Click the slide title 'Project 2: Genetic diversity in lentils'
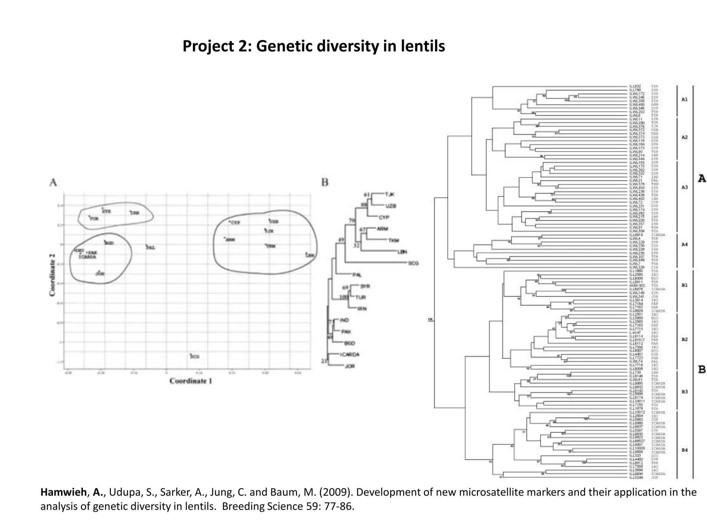(313, 46)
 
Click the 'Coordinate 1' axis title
(191, 381)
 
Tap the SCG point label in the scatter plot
(195, 356)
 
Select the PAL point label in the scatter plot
(151, 248)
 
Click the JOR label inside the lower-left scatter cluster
(100, 274)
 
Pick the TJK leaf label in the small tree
(389, 194)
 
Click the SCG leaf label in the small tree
(413, 263)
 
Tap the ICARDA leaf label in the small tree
(349, 355)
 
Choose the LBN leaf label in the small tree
(402, 252)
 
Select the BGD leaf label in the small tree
(349, 343)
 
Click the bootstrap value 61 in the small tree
(367, 195)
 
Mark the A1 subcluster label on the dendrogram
(684, 100)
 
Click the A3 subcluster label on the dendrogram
(684, 187)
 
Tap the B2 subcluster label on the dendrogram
(684, 339)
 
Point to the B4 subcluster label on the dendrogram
(684, 450)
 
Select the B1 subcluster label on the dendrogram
(684, 286)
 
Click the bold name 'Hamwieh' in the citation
(63, 492)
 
